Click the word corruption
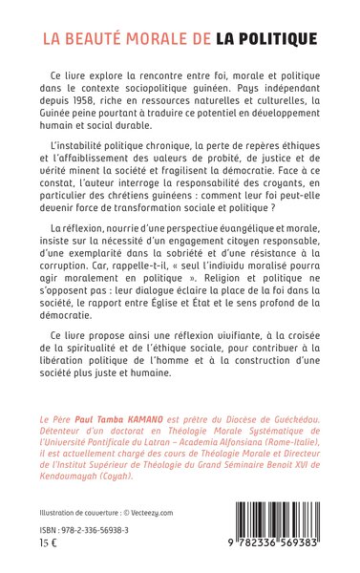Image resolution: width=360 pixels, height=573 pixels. coord(285,273)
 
